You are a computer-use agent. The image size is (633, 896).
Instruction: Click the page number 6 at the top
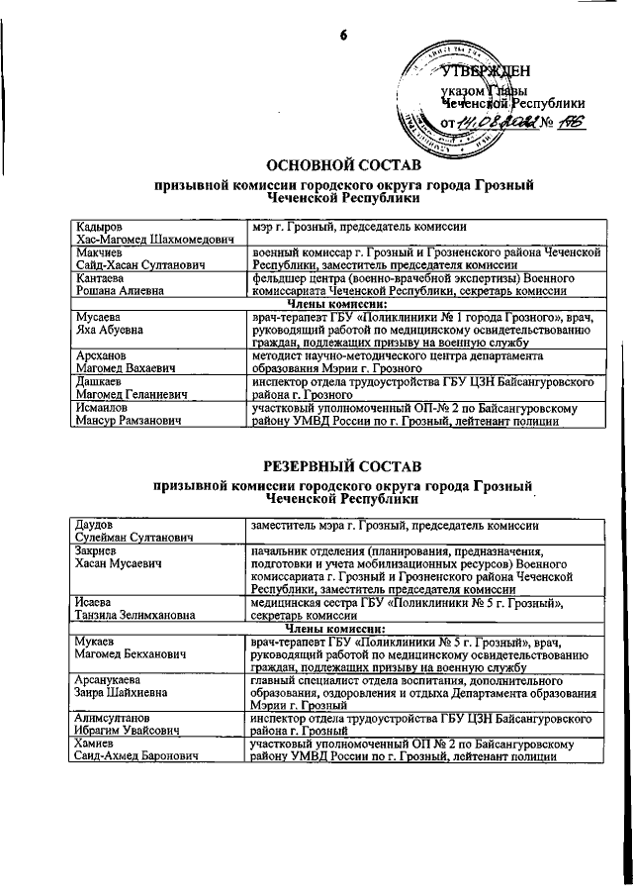pos(344,36)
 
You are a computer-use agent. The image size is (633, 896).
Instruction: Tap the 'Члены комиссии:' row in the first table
pos(342,303)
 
